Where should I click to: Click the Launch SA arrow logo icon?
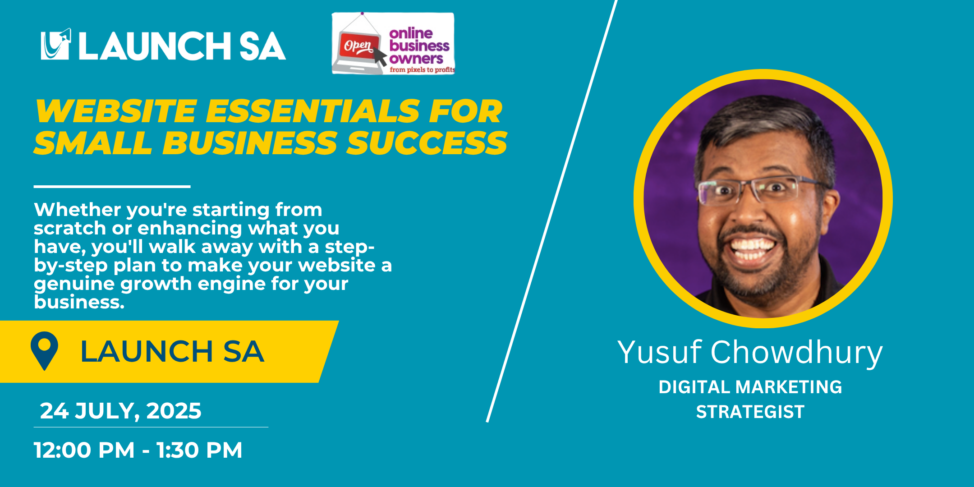point(56,44)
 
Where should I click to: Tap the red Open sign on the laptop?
point(358,46)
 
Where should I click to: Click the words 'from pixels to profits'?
point(423,70)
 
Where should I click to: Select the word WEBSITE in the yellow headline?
point(116,111)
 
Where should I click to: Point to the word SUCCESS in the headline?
point(427,143)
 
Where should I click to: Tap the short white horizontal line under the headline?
point(112,186)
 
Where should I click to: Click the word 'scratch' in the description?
point(70,228)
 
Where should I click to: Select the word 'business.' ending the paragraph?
point(79,302)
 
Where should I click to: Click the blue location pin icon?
point(44,350)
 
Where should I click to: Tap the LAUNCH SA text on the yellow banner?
point(172,352)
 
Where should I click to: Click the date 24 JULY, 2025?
point(121,411)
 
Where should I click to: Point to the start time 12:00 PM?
point(84,450)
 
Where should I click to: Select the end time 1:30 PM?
point(199,450)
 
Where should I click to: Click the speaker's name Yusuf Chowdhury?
point(750,352)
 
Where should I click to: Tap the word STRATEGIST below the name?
point(750,412)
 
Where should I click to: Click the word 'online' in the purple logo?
point(411,33)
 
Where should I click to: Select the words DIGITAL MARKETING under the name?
point(750,387)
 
